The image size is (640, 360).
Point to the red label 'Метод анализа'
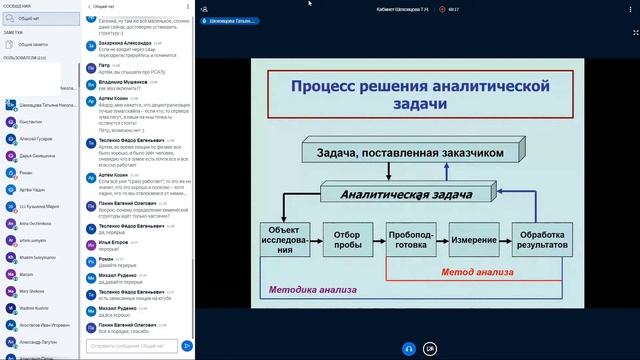coord(477,271)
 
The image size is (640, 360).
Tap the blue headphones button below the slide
coord(408,348)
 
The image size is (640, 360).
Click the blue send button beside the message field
coord(187,346)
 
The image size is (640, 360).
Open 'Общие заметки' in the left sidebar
coord(36,45)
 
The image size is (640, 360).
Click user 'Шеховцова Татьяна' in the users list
coord(44,103)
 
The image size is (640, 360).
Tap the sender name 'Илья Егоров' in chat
coord(116,243)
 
